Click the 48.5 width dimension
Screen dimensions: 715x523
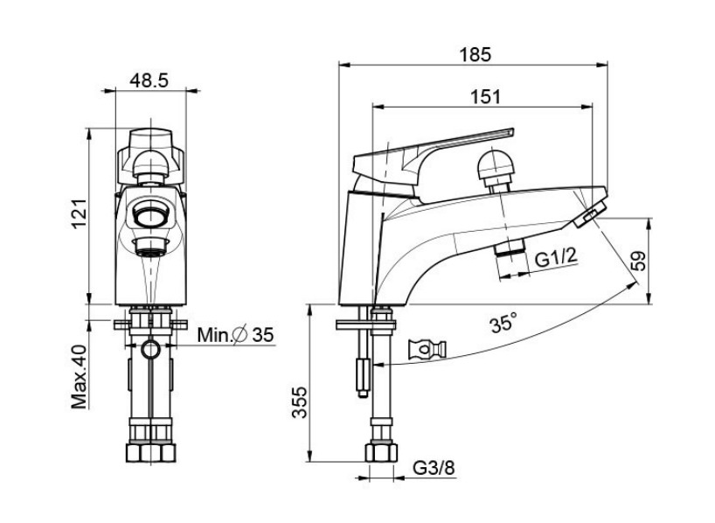[149, 80]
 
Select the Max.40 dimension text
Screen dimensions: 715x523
[79, 377]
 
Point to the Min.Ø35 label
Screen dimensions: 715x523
[235, 335]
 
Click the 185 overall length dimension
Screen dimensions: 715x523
[476, 54]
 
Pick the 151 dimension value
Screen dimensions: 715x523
[485, 97]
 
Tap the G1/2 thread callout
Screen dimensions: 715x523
[556, 258]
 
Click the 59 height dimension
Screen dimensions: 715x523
[639, 261]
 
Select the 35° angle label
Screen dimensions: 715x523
[503, 324]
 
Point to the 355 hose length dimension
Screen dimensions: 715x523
[300, 402]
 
